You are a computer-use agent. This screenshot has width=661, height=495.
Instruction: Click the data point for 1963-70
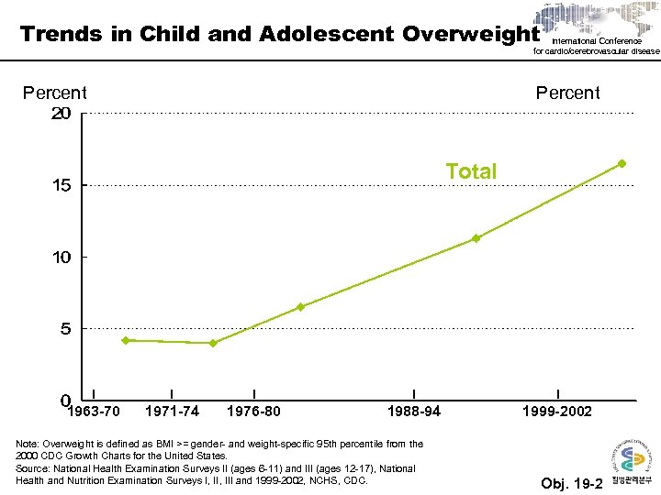126,340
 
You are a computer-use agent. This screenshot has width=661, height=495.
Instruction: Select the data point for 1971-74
213,344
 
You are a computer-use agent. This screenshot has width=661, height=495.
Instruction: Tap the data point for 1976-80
300,307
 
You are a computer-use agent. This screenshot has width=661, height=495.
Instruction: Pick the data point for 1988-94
476,238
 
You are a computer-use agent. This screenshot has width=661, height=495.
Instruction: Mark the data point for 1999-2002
622,163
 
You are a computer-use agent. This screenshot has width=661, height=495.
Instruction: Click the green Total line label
471,171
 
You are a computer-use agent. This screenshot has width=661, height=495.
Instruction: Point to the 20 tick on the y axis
61,114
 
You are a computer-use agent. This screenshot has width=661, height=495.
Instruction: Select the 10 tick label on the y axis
61,258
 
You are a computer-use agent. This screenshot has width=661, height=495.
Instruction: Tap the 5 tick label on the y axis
65,329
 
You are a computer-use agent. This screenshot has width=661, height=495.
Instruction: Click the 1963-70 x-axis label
94,411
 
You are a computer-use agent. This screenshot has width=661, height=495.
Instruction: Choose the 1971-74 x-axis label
172,411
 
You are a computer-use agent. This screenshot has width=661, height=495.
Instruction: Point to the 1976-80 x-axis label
253,411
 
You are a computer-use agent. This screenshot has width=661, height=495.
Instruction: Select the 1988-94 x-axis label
414,411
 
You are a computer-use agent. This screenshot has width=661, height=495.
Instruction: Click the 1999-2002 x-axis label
557,411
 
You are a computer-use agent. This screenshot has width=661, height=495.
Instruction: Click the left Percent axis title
55,93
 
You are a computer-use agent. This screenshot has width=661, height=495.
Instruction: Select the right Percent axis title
568,93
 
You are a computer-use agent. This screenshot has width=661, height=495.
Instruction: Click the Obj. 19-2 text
572,483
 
